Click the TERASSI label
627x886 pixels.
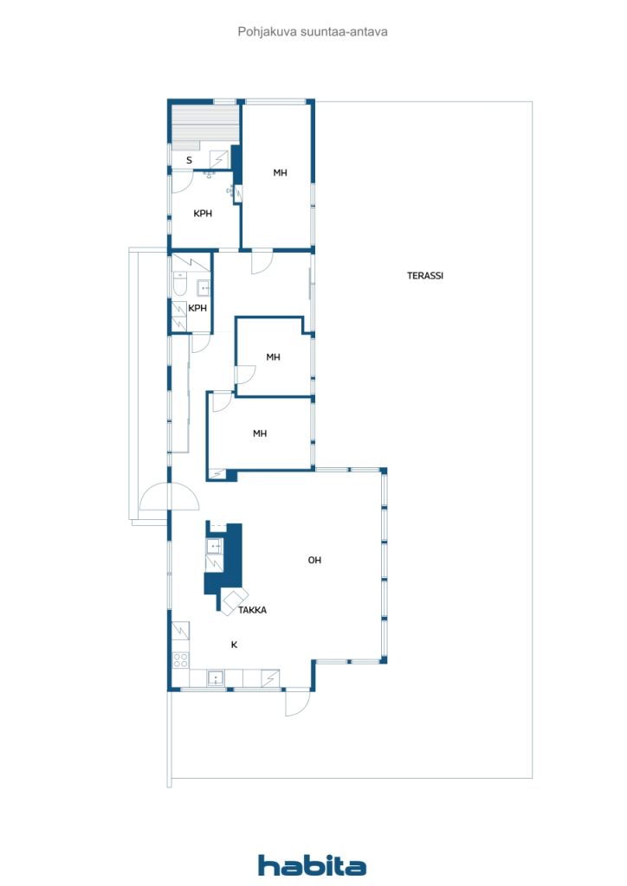pyautogui.click(x=425, y=276)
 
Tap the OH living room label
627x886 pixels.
pyautogui.click(x=314, y=560)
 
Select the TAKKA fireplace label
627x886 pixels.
pyautogui.click(x=252, y=610)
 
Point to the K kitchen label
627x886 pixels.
pyautogui.click(x=234, y=645)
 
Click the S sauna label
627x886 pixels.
pyautogui.click(x=189, y=160)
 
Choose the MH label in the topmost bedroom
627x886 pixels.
pyautogui.click(x=280, y=173)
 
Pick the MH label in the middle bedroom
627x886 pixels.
pyautogui.click(x=273, y=357)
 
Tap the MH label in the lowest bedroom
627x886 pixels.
pyautogui.click(x=260, y=433)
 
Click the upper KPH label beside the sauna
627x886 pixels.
pyautogui.click(x=203, y=214)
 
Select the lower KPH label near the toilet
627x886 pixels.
pyautogui.click(x=197, y=309)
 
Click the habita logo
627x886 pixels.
pyautogui.click(x=312, y=865)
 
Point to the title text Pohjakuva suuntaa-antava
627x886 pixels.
pyautogui.click(x=313, y=32)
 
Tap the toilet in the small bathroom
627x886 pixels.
pyautogui.click(x=179, y=285)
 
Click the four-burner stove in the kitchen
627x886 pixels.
pyautogui.click(x=180, y=659)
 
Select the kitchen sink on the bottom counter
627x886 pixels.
pyautogui.click(x=216, y=677)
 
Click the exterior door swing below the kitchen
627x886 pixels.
pyautogui.click(x=298, y=703)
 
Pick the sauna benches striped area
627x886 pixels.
pyautogui.click(x=205, y=128)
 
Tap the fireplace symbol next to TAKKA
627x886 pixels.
pyautogui.click(x=234, y=601)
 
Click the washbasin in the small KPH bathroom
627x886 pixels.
pyautogui.click(x=204, y=288)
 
